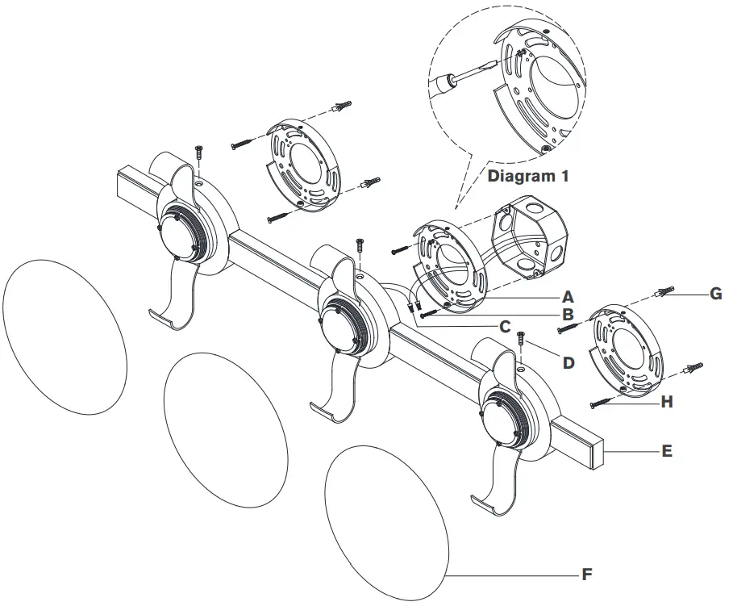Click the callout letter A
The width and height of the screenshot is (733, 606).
[568, 296]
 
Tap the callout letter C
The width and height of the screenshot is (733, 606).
[505, 327]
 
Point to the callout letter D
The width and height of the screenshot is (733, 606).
[569, 362]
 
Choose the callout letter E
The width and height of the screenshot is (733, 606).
[666, 451]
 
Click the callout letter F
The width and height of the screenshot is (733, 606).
[587, 575]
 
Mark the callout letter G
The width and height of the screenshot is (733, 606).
[714, 295]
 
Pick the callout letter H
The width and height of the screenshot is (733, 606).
[666, 401]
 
